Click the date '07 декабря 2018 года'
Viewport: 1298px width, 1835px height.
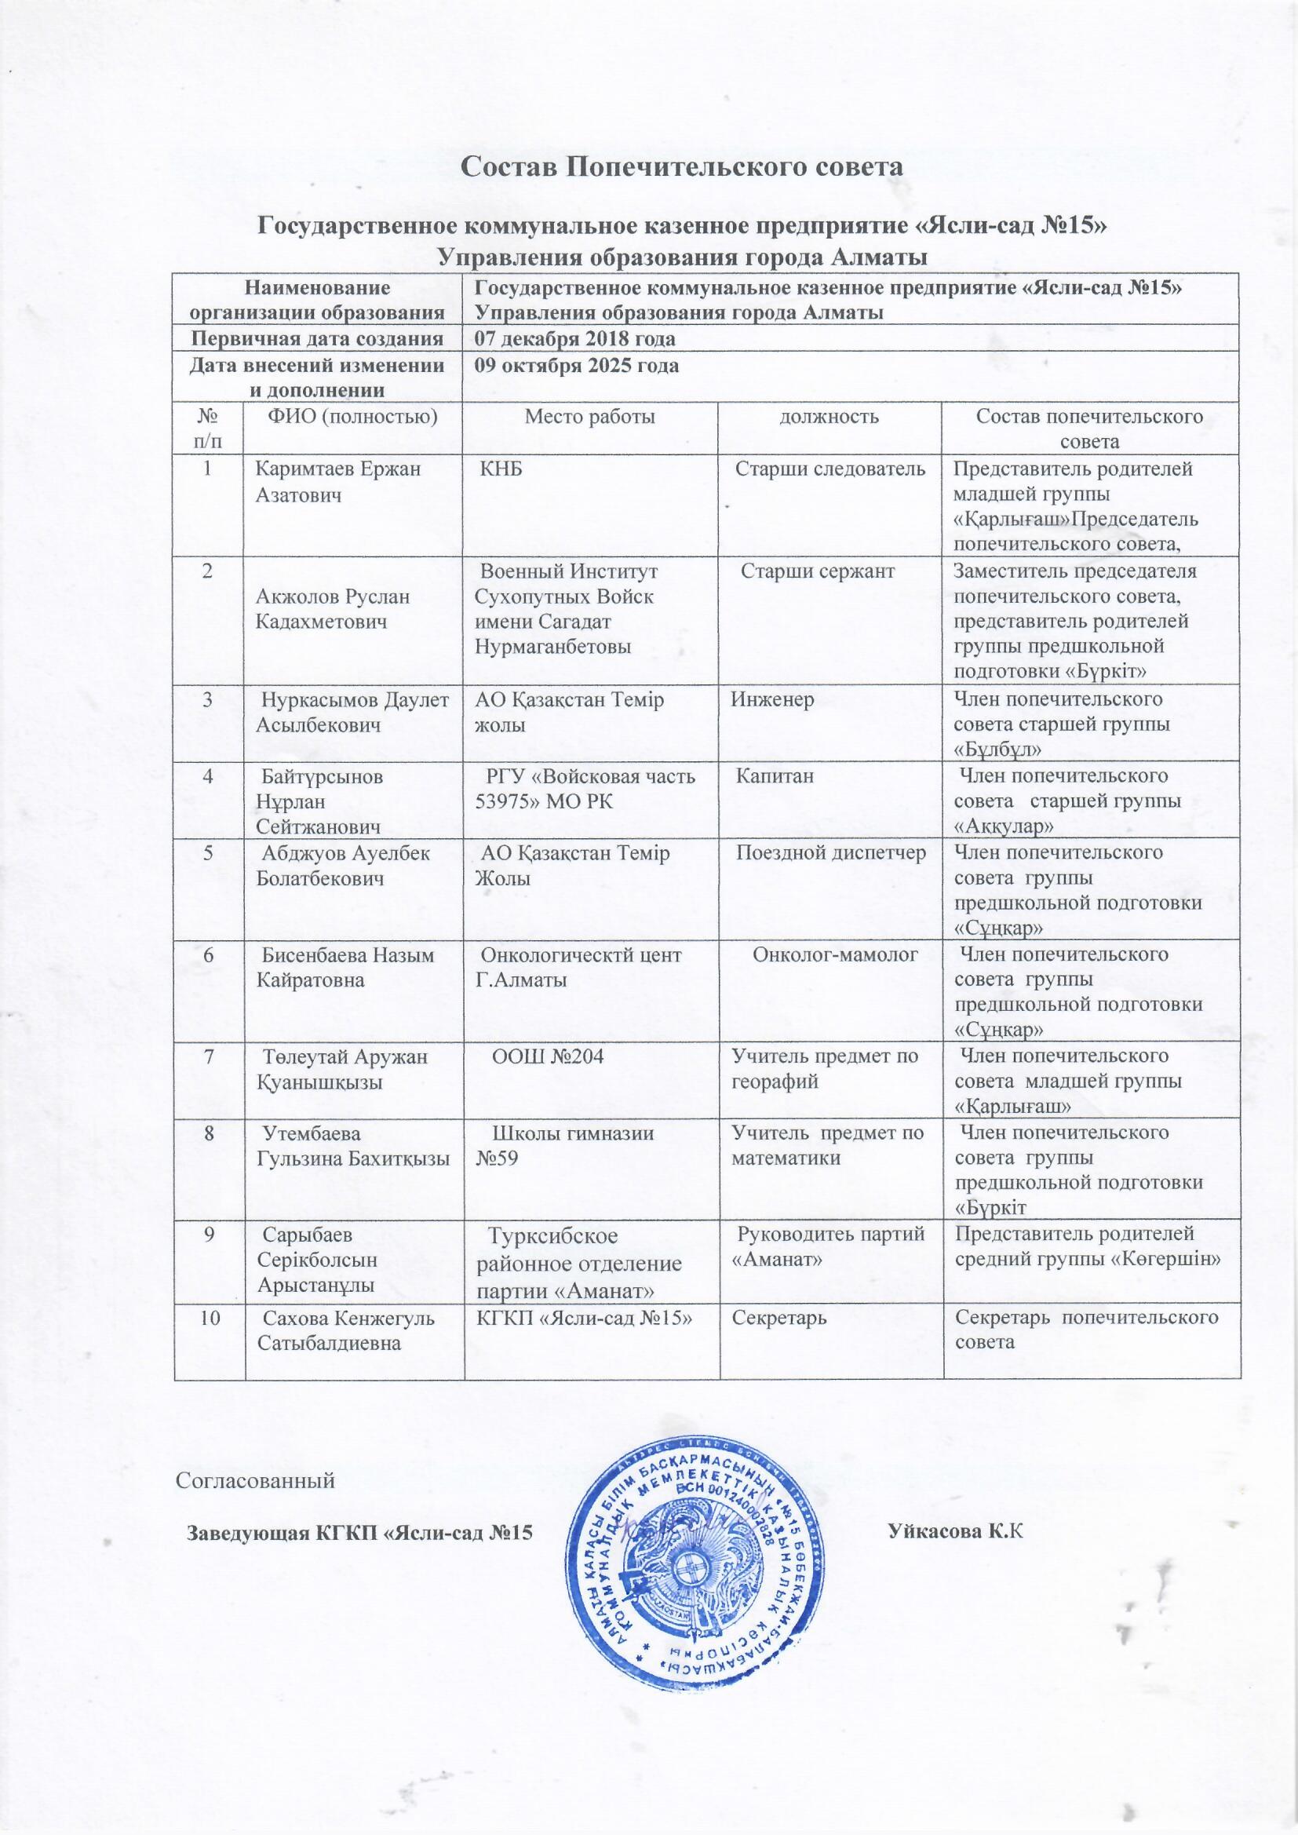pos(574,339)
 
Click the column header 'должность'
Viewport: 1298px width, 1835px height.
pos(831,417)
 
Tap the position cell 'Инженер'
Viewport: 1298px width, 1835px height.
pos(773,700)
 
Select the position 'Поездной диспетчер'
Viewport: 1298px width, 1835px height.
pos(830,853)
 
